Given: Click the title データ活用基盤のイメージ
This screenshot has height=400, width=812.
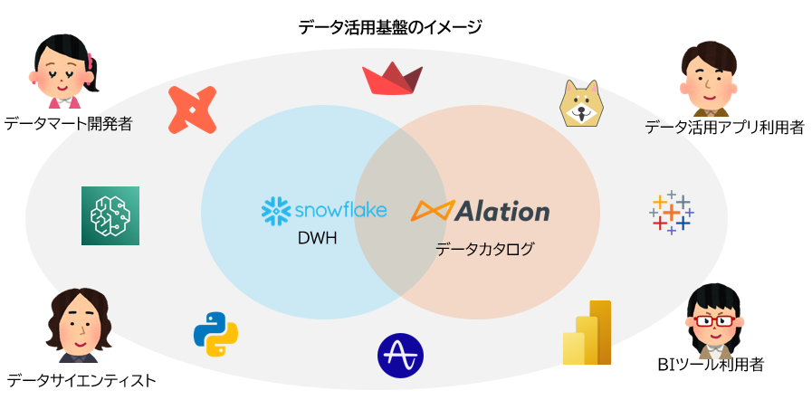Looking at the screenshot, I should pyautogui.click(x=389, y=27).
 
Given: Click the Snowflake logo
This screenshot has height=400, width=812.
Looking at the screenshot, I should pyautogui.click(x=323, y=210).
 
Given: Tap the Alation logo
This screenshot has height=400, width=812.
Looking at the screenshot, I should pyautogui.click(x=480, y=211).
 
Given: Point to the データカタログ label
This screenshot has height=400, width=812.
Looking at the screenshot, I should pyautogui.click(x=484, y=248).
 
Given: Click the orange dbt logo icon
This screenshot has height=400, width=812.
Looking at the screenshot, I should pyautogui.click(x=193, y=110).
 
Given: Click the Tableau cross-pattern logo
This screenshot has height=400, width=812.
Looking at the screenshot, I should pyautogui.click(x=671, y=213).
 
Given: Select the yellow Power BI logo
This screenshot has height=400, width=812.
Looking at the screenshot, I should pyautogui.click(x=588, y=333).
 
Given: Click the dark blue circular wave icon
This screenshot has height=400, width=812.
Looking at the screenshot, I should pyautogui.click(x=400, y=356).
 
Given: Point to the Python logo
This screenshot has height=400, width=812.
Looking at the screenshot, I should pyautogui.click(x=215, y=334).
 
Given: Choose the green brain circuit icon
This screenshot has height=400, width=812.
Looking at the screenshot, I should pyautogui.click(x=110, y=215).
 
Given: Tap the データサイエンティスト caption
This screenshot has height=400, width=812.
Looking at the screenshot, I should pyautogui.click(x=81, y=380).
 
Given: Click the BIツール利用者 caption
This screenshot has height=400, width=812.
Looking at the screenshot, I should pyautogui.click(x=711, y=366).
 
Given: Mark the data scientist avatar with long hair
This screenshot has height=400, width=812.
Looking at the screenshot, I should pyautogui.click(x=80, y=326).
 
